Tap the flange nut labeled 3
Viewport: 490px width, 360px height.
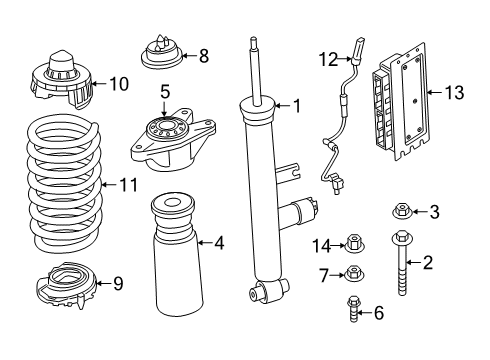(x=402, y=211)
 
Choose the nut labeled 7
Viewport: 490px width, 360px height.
(x=354, y=275)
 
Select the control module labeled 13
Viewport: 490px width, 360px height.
(x=394, y=106)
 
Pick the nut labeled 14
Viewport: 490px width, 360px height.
(x=353, y=243)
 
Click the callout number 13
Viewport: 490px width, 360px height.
(x=455, y=93)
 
